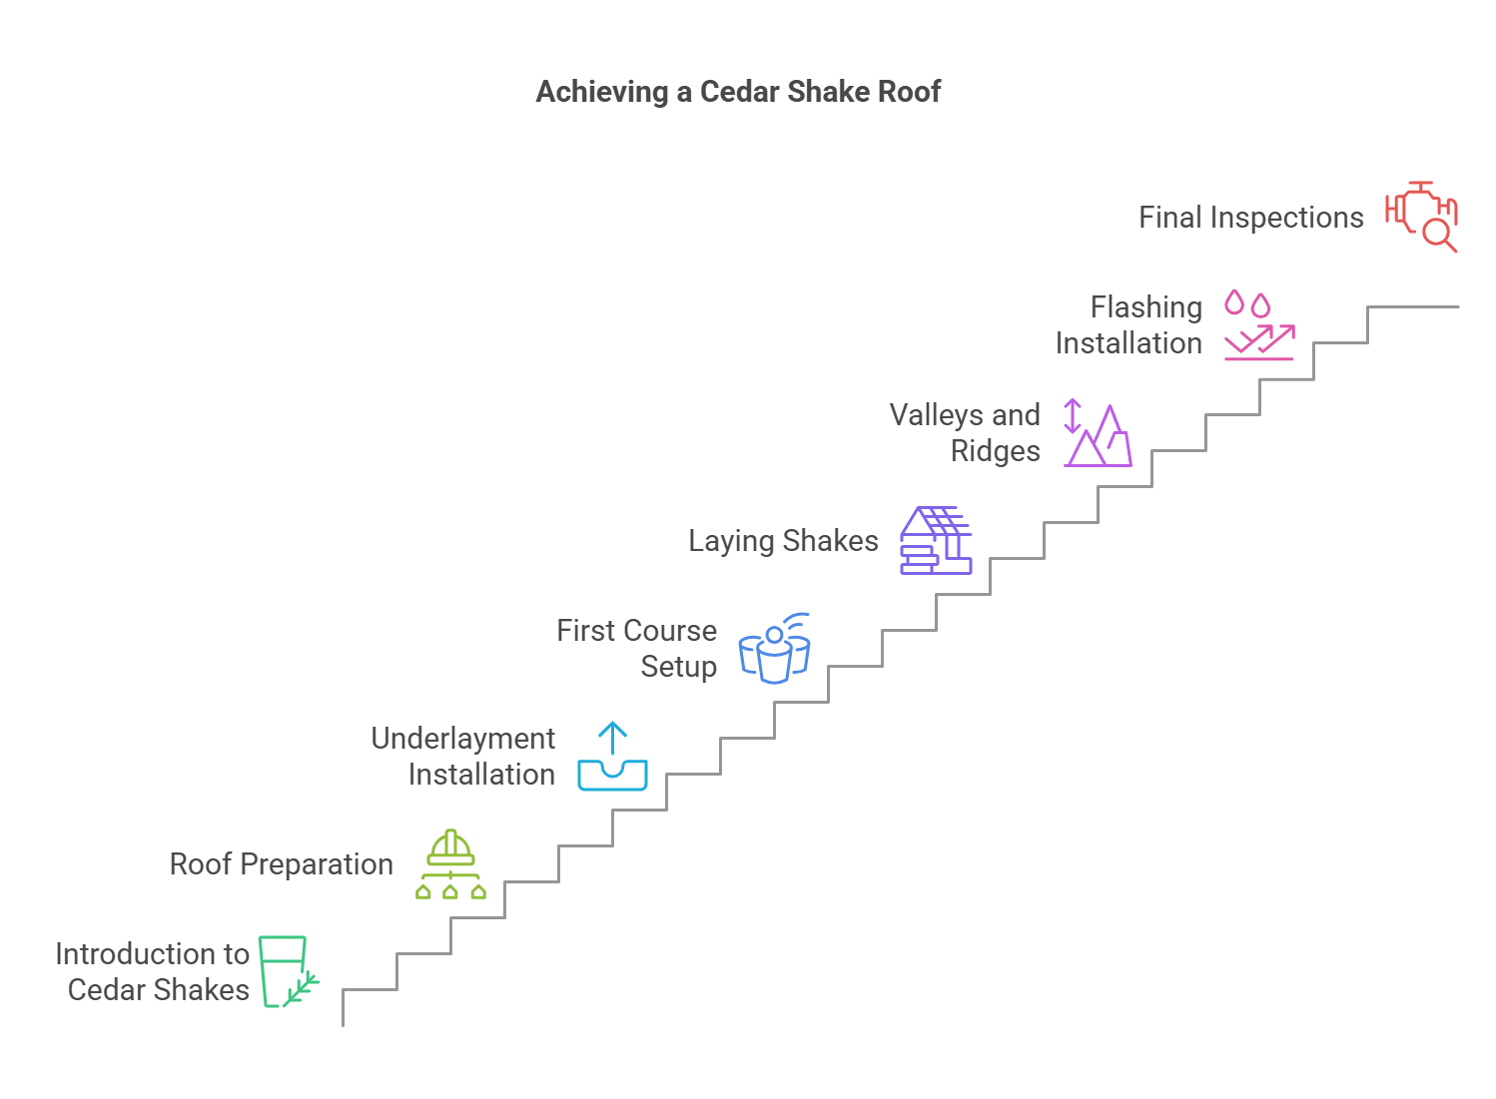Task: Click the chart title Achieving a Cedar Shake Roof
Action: (x=738, y=92)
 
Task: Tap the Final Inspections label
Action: (x=1250, y=218)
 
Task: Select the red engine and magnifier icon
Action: (x=1421, y=217)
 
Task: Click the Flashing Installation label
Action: (x=1128, y=324)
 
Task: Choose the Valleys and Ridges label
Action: (x=965, y=432)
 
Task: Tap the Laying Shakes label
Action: (x=783, y=541)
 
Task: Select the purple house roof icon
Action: (x=936, y=540)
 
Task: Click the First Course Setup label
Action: (x=636, y=648)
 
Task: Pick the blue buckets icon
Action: (x=774, y=649)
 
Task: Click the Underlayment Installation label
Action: (x=462, y=756)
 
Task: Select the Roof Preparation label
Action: (x=281, y=864)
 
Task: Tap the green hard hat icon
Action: (x=450, y=864)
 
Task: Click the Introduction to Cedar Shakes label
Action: (x=152, y=971)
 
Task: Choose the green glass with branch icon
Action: (x=288, y=971)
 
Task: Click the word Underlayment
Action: (x=462, y=739)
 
